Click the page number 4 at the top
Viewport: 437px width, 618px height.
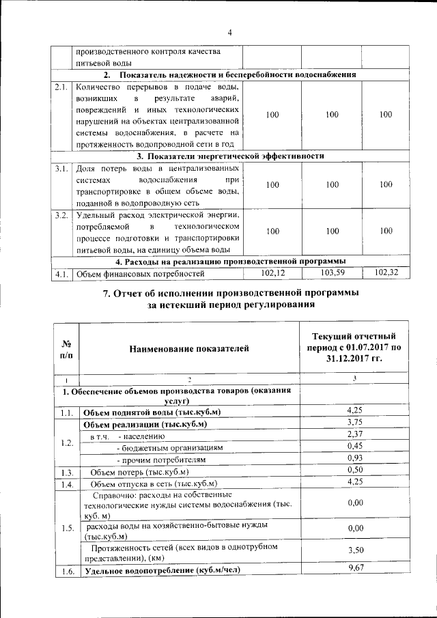[x=230, y=32]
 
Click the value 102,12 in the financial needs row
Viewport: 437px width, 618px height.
[x=272, y=273]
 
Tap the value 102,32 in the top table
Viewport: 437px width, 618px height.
[x=386, y=273]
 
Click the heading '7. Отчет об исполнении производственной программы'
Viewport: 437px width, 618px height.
[x=229, y=293]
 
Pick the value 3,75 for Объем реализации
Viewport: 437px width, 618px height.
[x=354, y=423]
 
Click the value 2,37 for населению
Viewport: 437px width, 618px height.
[x=354, y=434]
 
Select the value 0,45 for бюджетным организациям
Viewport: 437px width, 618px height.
[x=354, y=447]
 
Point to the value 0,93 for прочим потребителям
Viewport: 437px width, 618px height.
[x=354, y=458]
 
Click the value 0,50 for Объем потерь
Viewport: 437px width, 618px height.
[x=354, y=470]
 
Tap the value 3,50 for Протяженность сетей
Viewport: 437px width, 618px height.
[x=354, y=550]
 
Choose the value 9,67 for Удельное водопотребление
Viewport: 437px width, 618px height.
[x=354, y=569]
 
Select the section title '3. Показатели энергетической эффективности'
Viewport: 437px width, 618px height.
[x=229, y=156]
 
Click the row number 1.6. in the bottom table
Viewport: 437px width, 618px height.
[x=66, y=572]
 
